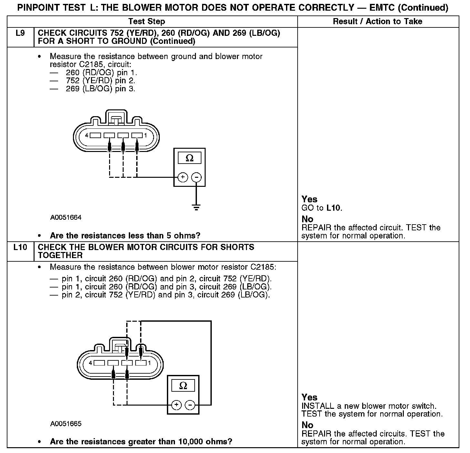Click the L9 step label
(x=20, y=33)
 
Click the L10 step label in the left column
(x=20, y=247)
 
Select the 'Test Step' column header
(x=147, y=22)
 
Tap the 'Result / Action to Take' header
(x=377, y=22)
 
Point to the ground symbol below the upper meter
(x=196, y=207)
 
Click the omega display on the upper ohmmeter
(x=189, y=158)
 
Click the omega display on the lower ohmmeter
(x=183, y=386)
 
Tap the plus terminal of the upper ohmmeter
(x=183, y=177)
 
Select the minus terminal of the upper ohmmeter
(x=196, y=177)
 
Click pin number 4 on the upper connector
(x=87, y=136)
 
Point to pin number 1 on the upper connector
(x=145, y=136)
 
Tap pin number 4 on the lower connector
(x=91, y=363)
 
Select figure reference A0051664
(x=66, y=217)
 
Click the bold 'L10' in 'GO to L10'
(x=333, y=208)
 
